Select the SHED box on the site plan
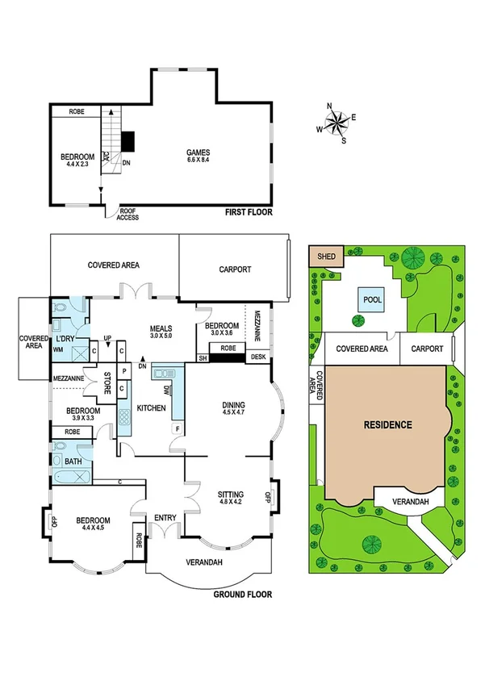[x=326, y=257]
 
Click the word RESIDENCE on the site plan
[x=387, y=424]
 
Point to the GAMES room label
[x=199, y=152]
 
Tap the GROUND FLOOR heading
[x=242, y=595]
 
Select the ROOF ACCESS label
[x=128, y=214]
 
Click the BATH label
[x=73, y=462]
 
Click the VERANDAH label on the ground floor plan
[x=203, y=563]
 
